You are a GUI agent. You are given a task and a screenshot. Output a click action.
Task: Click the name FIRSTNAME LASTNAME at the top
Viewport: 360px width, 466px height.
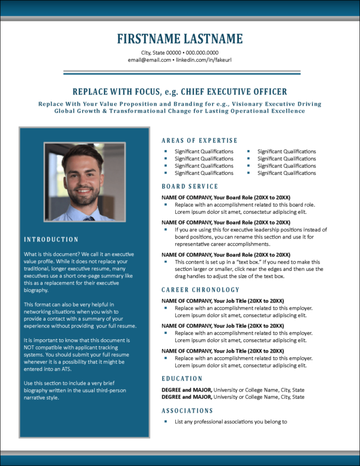click(180, 39)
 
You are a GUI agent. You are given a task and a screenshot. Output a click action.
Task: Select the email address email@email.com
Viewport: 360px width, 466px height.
click(149, 60)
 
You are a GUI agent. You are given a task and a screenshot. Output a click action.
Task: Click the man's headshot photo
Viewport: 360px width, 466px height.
click(84, 181)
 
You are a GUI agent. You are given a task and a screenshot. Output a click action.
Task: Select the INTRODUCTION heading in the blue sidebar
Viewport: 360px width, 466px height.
click(51, 240)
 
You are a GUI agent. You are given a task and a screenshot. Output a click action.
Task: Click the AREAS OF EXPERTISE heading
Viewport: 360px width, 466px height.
click(199, 141)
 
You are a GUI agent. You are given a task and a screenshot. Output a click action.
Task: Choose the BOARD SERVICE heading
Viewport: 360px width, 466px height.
click(190, 187)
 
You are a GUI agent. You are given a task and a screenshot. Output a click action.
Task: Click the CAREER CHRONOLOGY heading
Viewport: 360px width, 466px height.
click(200, 290)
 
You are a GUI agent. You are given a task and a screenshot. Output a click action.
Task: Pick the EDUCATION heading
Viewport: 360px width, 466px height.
click(182, 379)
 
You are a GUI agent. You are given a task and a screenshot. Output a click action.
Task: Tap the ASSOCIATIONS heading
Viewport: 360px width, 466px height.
click(187, 411)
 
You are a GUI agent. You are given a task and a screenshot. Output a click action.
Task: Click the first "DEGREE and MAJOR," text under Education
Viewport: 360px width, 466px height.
click(187, 390)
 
